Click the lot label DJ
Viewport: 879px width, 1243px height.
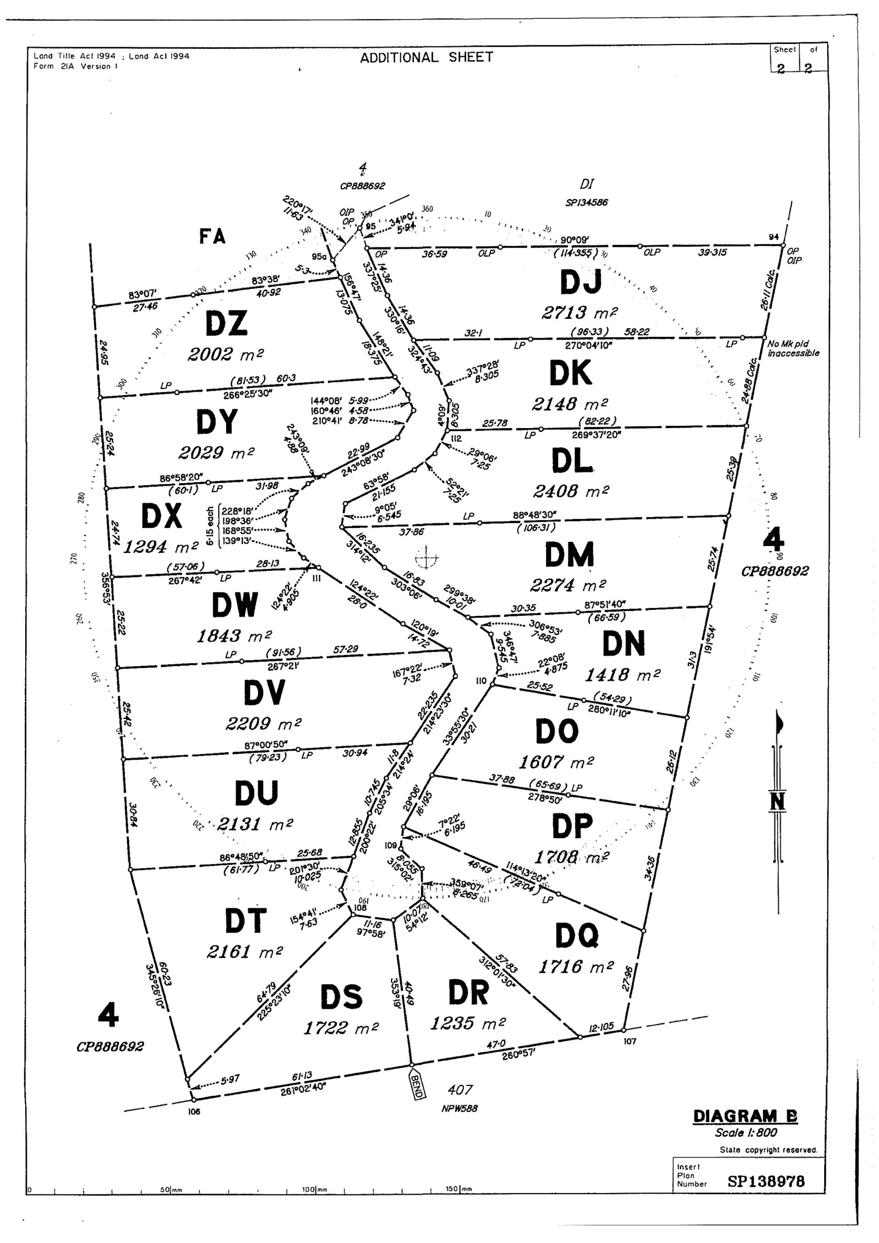coord(580,282)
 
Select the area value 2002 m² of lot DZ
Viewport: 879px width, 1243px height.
coord(226,355)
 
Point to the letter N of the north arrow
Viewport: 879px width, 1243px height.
coord(777,801)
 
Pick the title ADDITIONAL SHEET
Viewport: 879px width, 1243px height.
coord(427,57)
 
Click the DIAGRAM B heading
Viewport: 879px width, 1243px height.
coord(745,1116)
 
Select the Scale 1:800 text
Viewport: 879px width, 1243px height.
coord(745,1133)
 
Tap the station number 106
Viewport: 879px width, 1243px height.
coord(194,1112)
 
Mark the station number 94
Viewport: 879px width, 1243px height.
coord(774,237)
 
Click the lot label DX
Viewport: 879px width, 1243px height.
coord(161,516)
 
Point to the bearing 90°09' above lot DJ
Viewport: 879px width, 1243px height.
coord(575,240)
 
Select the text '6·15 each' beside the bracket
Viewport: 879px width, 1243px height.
coord(210,526)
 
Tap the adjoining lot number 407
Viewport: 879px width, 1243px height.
coord(460,1089)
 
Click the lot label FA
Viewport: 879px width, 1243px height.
coord(212,236)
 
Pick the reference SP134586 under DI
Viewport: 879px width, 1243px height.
coord(586,202)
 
